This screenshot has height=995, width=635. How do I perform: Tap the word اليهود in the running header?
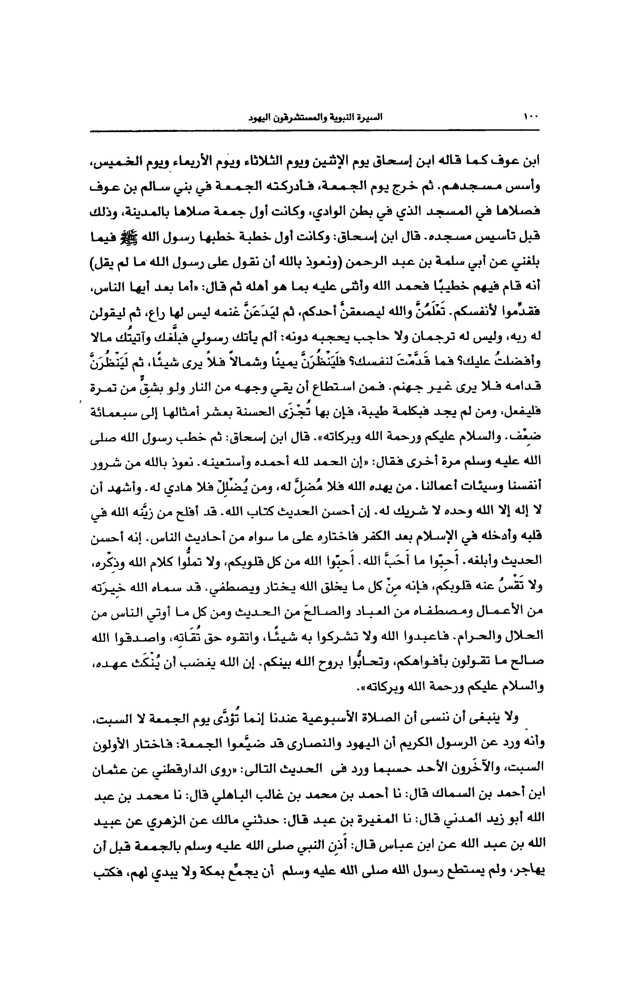pyautogui.click(x=259, y=117)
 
